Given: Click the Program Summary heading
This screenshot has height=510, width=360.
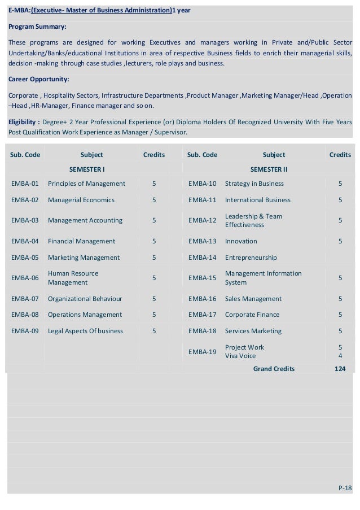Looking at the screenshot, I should (x=37, y=27).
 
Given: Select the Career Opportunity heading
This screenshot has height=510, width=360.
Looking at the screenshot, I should (x=39, y=79).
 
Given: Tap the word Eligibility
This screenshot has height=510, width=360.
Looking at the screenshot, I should (x=22, y=122).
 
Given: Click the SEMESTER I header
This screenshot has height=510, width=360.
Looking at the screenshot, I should (x=87, y=169).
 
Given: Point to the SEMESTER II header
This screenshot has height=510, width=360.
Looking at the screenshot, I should (x=269, y=169).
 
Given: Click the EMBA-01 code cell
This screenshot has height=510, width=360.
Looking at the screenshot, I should (x=25, y=184).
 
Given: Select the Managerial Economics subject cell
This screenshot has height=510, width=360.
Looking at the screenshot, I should (x=81, y=200).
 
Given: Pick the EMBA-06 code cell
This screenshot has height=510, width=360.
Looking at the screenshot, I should (x=25, y=278).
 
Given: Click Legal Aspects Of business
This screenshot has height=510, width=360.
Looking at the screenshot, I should (x=85, y=331).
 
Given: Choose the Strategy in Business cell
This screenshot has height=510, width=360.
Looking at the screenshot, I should (x=254, y=184).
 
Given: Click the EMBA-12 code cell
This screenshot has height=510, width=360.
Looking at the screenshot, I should (x=203, y=220).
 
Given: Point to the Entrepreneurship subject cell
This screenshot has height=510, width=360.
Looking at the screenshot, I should (x=251, y=258).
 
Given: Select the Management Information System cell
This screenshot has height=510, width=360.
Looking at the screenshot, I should (x=263, y=278).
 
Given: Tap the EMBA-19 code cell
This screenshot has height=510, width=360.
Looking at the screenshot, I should (x=203, y=352).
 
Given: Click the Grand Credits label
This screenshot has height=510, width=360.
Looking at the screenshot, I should (x=274, y=369).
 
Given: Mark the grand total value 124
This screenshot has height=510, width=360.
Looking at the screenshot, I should (x=340, y=369).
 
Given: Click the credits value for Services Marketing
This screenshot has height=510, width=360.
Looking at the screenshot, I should (x=340, y=331).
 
